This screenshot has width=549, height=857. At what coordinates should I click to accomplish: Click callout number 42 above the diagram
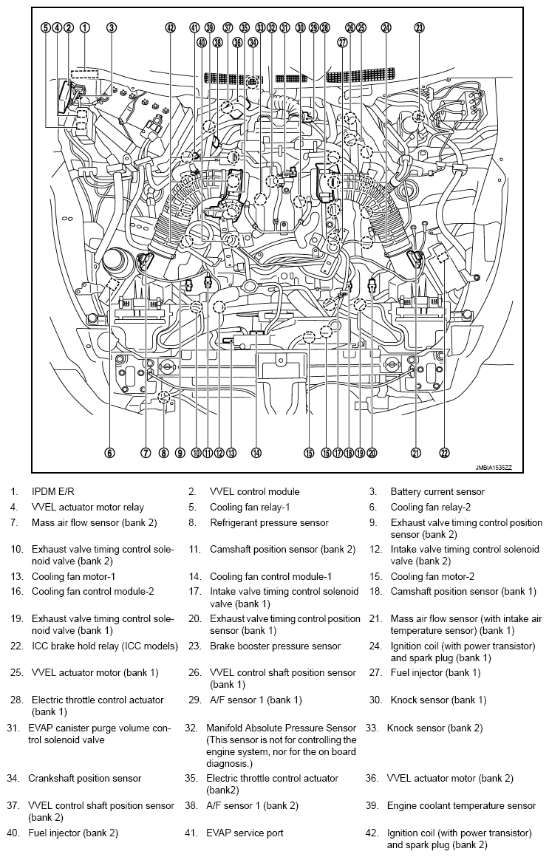click(x=171, y=27)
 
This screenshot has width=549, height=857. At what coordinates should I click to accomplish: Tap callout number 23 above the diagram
click(x=419, y=27)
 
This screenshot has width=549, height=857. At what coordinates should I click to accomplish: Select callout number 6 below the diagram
click(x=110, y=453)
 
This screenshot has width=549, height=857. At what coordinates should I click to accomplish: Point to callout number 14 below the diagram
click(x=256, y=453)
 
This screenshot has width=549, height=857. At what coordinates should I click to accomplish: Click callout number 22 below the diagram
click(x=444, y=453)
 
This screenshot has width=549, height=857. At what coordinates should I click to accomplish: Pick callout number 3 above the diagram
click(x=111, y=27)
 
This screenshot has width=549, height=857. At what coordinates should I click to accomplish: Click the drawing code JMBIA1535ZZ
click(x=494, y=468)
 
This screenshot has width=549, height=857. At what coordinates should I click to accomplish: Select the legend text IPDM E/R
click(x=52, y=492)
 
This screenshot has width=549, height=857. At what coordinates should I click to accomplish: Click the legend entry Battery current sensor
click(x=437, y=492)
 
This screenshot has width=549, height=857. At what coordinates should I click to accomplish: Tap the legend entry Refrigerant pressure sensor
click(x=269, y=522)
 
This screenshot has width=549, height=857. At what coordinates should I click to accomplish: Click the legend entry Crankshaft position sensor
click(x=85, y=778)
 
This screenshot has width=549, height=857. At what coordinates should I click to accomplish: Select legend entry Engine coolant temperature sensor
click(x=461, y=805)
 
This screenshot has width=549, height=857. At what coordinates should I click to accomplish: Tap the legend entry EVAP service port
click(x=245, y=833)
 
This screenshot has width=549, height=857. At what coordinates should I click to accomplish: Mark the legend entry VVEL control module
click(x=254, y=492)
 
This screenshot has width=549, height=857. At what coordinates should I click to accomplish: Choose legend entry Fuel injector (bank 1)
click(x=435, y=673)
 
